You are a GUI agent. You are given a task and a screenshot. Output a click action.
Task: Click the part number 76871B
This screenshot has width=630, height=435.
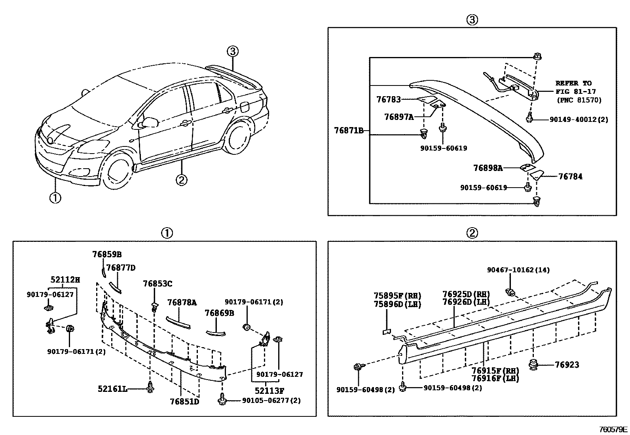(x=348, y=130)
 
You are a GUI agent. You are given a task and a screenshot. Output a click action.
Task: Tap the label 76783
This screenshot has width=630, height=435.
(x=388, y=100)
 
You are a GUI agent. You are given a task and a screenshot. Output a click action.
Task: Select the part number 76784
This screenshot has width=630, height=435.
(x=570, y=177)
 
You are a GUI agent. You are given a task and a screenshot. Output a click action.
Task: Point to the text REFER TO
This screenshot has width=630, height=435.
(x=573, y=84)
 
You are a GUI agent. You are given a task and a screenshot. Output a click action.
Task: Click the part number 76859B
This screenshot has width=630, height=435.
(x=107, y=255)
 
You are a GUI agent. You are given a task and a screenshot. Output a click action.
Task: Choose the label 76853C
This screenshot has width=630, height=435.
(x=157, y=284)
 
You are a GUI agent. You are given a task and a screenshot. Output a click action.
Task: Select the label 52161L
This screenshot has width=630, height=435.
(x=112, y=389)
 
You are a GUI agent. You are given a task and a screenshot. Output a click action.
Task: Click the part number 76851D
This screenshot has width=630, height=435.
(x=184, y=401)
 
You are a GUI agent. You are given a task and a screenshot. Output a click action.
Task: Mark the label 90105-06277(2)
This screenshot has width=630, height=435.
(x=271, y=401)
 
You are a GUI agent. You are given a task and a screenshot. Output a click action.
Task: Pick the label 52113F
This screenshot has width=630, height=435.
(x=269, y=391)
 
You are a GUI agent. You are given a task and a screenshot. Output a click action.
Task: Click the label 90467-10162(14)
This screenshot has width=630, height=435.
(x=518, y=270)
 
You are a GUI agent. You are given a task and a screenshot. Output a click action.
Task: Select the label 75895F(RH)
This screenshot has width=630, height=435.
(x=397, y=296)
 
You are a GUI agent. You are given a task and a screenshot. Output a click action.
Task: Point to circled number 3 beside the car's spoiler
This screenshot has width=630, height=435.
(x=233, y=51)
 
